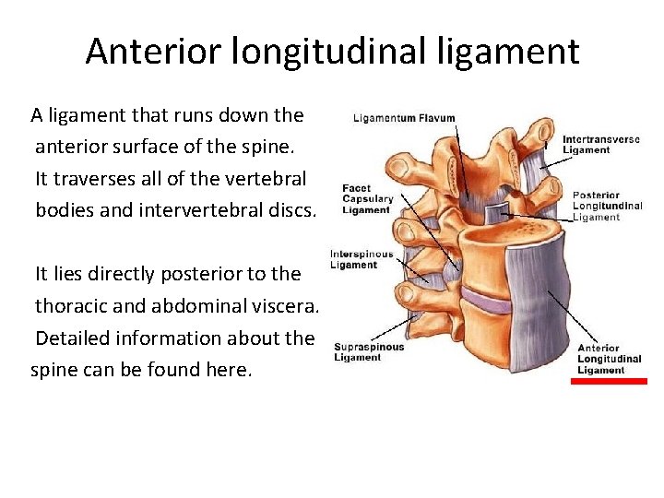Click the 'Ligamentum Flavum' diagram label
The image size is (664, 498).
pyautogui.click(x=404, y=119)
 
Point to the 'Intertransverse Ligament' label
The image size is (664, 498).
pyautogui.click(x=600, y=145)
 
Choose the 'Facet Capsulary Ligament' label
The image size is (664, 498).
pyautogui.click(x=368, y=198)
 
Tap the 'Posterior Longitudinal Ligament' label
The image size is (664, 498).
pyautogui.click(x=607, y=207)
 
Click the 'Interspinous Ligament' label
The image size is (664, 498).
pyautogui.click(x=362, y=259)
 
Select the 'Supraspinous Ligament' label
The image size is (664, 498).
pyautogui.click(x=369, y=352)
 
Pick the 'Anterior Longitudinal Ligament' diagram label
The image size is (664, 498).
pyautogui.click(x=609, y=360)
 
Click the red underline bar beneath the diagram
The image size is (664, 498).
pyautogui.click(x=609, y=381)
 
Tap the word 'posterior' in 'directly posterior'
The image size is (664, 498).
pyautogui.click(x=193, y=274)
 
